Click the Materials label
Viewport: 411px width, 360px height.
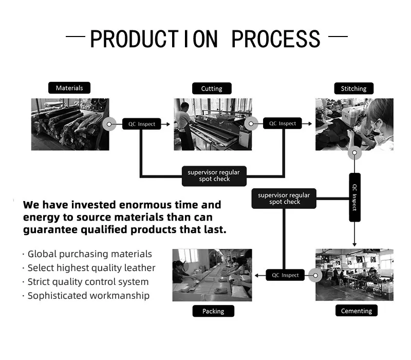[x=69, y=88]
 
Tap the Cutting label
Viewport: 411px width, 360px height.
[x=212, y=88]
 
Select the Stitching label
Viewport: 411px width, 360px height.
[x=354, y=88]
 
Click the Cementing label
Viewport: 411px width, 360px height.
[x=357, y=311]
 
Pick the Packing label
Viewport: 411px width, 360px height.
[x=213, y=311]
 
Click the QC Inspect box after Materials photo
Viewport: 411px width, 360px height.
[x=142, y=124]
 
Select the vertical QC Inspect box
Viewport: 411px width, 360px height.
[x=354, y=197]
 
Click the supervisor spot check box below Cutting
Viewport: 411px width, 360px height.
[x=214, y=175]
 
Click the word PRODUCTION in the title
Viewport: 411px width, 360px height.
[x=154, y=40]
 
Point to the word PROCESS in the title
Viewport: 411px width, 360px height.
[x=276, y=40]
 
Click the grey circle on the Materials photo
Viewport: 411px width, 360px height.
[x=109, y=124]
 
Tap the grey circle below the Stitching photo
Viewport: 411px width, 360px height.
[x=354, y=153]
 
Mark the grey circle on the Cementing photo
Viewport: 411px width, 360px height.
[x=314, y=275]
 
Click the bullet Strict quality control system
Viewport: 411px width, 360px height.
[x=88, y=282]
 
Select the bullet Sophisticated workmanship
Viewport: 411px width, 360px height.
[x=88, y=295]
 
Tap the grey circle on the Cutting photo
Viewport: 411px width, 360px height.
[x=251, y=123]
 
